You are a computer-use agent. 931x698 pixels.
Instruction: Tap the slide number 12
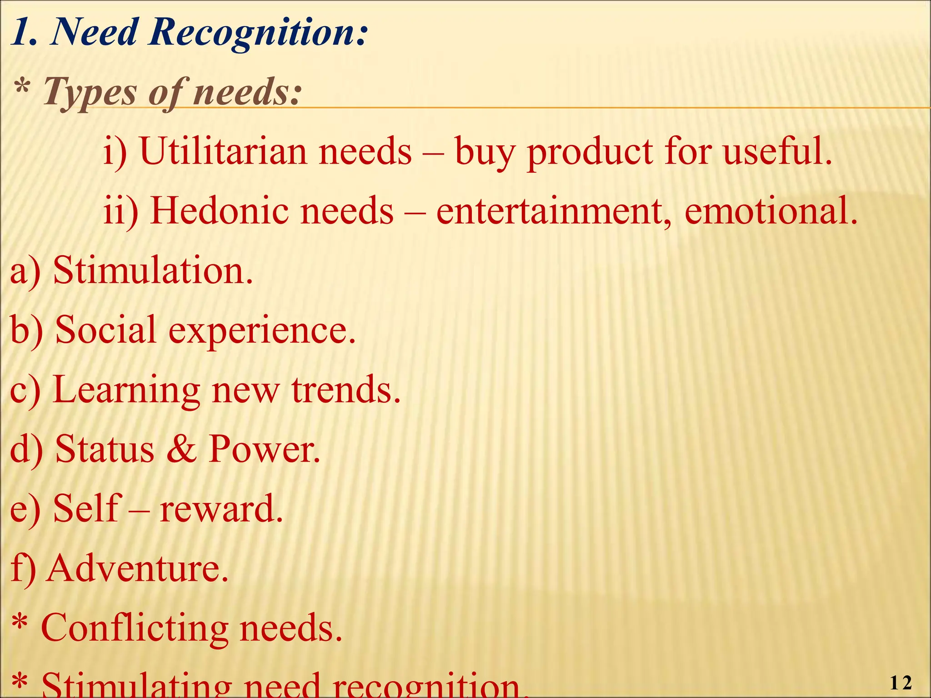(x=900, y=683)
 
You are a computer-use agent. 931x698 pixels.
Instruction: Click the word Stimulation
(x=153, y=271)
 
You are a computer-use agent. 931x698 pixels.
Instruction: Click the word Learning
(x=126, y=391)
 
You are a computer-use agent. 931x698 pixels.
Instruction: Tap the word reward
(x=221, y=509)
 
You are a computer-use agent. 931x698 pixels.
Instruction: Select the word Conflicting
(x=135, y=628)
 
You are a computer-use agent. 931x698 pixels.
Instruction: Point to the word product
(x=590, y=152)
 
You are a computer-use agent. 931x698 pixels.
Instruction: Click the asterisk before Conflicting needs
(x=20, y=623)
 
